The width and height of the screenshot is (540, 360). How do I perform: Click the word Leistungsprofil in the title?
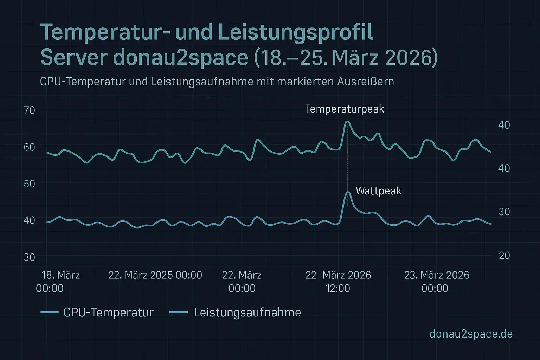pos(295,33)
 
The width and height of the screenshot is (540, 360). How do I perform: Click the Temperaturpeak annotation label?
pos(345,109)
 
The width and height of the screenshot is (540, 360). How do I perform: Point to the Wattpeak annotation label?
pos(378,191)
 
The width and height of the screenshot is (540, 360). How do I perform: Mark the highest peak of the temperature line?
pos(347,122)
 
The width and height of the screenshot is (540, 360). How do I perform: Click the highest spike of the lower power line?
pos(348,192)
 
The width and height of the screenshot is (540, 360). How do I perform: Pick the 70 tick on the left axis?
pos(30,110)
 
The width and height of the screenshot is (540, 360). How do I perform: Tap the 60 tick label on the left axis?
pos(30,147)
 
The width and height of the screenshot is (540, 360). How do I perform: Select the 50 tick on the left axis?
pos(30,184)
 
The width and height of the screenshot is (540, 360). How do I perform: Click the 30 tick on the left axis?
pos(30,257)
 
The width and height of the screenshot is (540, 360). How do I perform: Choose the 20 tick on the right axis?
pos(504,256)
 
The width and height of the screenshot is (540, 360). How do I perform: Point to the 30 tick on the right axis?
pos(504,212)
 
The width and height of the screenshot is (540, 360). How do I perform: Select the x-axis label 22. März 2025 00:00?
pos(155,275)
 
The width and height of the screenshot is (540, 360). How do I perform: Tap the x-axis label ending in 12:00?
pos(338,282)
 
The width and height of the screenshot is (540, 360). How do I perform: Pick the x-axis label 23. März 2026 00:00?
pos(436,282)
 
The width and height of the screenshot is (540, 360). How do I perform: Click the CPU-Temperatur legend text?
pos(108,313)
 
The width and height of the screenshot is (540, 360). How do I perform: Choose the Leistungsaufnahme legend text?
pos(247,313)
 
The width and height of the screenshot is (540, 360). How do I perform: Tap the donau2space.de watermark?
pos(471,334)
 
